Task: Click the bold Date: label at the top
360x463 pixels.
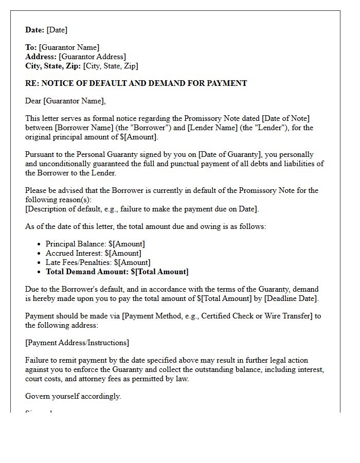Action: (35, 30)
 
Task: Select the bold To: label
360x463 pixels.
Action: (31, 47)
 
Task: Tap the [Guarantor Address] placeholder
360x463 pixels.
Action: (93, 57)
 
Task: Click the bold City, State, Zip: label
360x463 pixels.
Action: (53, 66)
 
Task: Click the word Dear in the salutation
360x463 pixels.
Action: (33, 101)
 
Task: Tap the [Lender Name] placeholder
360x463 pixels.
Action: (213, 128)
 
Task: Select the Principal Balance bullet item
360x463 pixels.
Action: (95, 244)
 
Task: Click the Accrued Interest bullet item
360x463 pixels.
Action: (93, 253)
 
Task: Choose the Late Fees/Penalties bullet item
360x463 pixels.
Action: (98, 262)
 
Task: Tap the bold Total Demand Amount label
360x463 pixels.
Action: (87, 272)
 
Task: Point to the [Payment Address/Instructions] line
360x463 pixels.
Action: (77, 343)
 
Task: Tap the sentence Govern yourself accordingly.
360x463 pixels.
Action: (73, 396)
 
